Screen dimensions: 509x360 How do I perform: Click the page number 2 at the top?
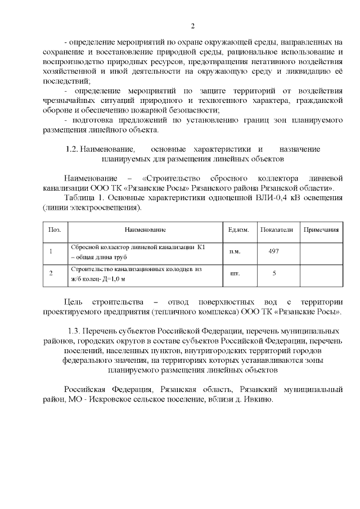pos(192,26)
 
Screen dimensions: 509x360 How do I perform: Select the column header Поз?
pos(55,230)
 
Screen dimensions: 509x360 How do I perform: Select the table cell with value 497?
pos(274,251)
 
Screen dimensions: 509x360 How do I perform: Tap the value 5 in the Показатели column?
pos(274,274)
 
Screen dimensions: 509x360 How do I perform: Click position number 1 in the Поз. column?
pos(51,251)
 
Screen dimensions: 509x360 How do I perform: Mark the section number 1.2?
pos(71,149)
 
